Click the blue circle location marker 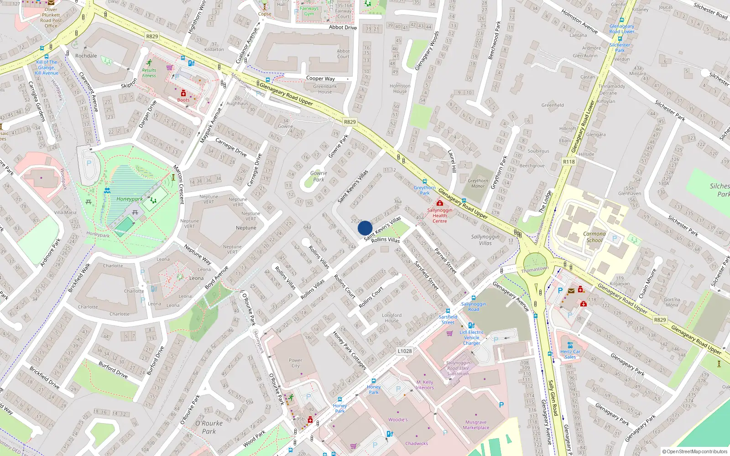(365, 228)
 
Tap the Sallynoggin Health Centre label (439, 215)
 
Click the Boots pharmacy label (183, 100)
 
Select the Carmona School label (594, 237)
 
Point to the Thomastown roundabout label (535, 269)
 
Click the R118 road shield (569, 162)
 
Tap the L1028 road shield (404, 351)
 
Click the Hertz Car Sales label (570, 354)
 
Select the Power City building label (296, 363)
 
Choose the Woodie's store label (398, 420)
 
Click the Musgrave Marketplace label (476, 425)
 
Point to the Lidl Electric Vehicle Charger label (472, 337)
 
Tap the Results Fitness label (149, 73)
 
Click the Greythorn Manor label (478, 183)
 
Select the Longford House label (391, 318)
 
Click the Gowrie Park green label (318, 176)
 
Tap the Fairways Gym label (309, 11)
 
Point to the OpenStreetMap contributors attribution (695, 451)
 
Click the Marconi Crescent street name (178, 184)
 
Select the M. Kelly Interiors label (425, 385)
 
